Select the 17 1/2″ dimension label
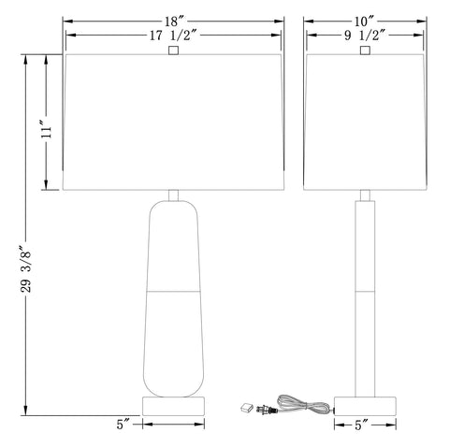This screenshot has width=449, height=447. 173,36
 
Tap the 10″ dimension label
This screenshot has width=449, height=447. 363,22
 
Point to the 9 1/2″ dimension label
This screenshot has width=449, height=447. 365,36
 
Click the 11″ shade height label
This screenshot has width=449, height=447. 47,132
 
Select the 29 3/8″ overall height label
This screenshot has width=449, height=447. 26,269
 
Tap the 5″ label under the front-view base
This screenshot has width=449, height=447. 123,425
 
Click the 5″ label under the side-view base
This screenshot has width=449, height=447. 361,425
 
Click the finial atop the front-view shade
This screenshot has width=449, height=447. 173,50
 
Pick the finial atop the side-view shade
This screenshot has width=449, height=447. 365,50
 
